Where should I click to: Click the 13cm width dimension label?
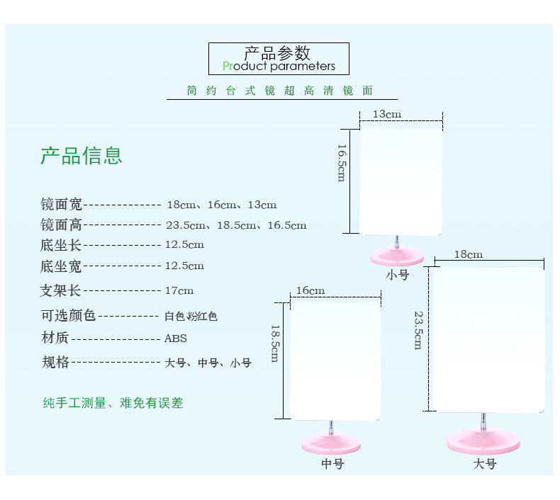point(386,114)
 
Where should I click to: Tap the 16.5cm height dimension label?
point(341,163)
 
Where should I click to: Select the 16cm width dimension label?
point(310,290)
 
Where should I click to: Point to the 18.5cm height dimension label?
point(274,343)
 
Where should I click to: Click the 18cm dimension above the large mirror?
point(469,254)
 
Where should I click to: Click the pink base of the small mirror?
point(397,256)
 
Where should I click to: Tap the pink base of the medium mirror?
point(331,444)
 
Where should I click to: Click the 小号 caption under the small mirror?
point(398,275)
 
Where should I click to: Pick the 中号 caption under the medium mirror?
point(332,465)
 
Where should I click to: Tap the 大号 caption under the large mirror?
point(485,465)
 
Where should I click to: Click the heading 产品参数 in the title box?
point(278,53)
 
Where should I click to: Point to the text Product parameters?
point(279,67)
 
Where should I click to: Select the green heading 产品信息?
point(81,156)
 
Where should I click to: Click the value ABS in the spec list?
point(176,339)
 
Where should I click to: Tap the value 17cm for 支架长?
point(179,290)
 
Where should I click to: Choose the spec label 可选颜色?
point(68,315)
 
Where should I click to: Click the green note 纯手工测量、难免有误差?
point(113,403)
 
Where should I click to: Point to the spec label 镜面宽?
point(61,205)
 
